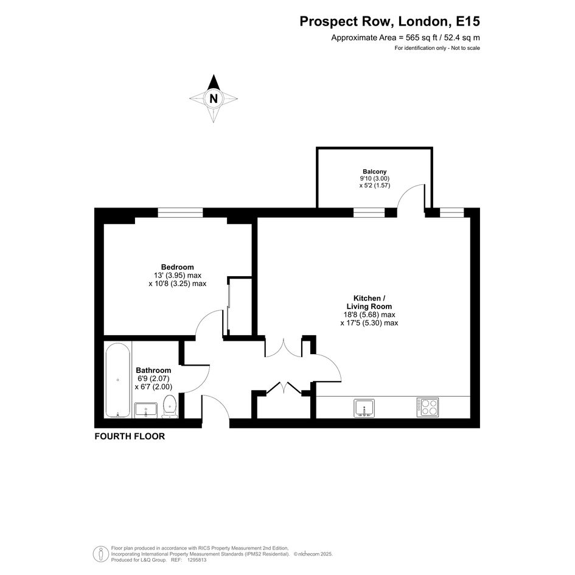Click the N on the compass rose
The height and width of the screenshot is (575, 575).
(214, 99)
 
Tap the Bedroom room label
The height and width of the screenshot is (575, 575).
(178, 267)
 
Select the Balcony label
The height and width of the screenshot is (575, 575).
(374, 172)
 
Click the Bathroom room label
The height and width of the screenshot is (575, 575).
(153, 371)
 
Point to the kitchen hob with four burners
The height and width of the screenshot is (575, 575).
(428, 407)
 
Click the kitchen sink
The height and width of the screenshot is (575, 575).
(364, 408)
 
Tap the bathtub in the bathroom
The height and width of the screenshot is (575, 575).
(117, 380)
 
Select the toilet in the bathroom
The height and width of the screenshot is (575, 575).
(169, 406)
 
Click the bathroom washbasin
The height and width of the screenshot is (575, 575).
(146, 410)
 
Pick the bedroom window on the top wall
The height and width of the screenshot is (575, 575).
(181, 213)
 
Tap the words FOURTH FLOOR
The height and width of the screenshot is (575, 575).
(130, 436)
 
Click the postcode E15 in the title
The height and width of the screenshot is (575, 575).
(467, 21)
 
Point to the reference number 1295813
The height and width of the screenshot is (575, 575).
(197, 560)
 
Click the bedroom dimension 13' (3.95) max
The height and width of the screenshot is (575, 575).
(178, 276)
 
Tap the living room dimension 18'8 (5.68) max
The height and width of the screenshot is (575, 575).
(369, 315)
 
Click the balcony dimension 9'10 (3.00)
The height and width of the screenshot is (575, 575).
(374, 179)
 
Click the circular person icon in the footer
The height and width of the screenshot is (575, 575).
(101, 554)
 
